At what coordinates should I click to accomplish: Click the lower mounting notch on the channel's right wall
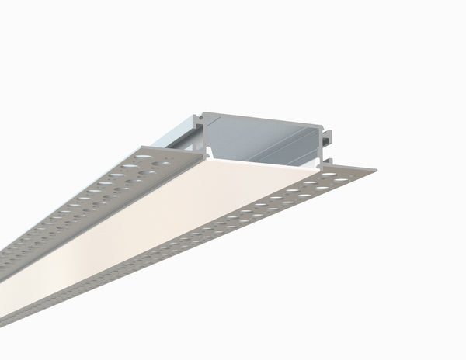331,154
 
